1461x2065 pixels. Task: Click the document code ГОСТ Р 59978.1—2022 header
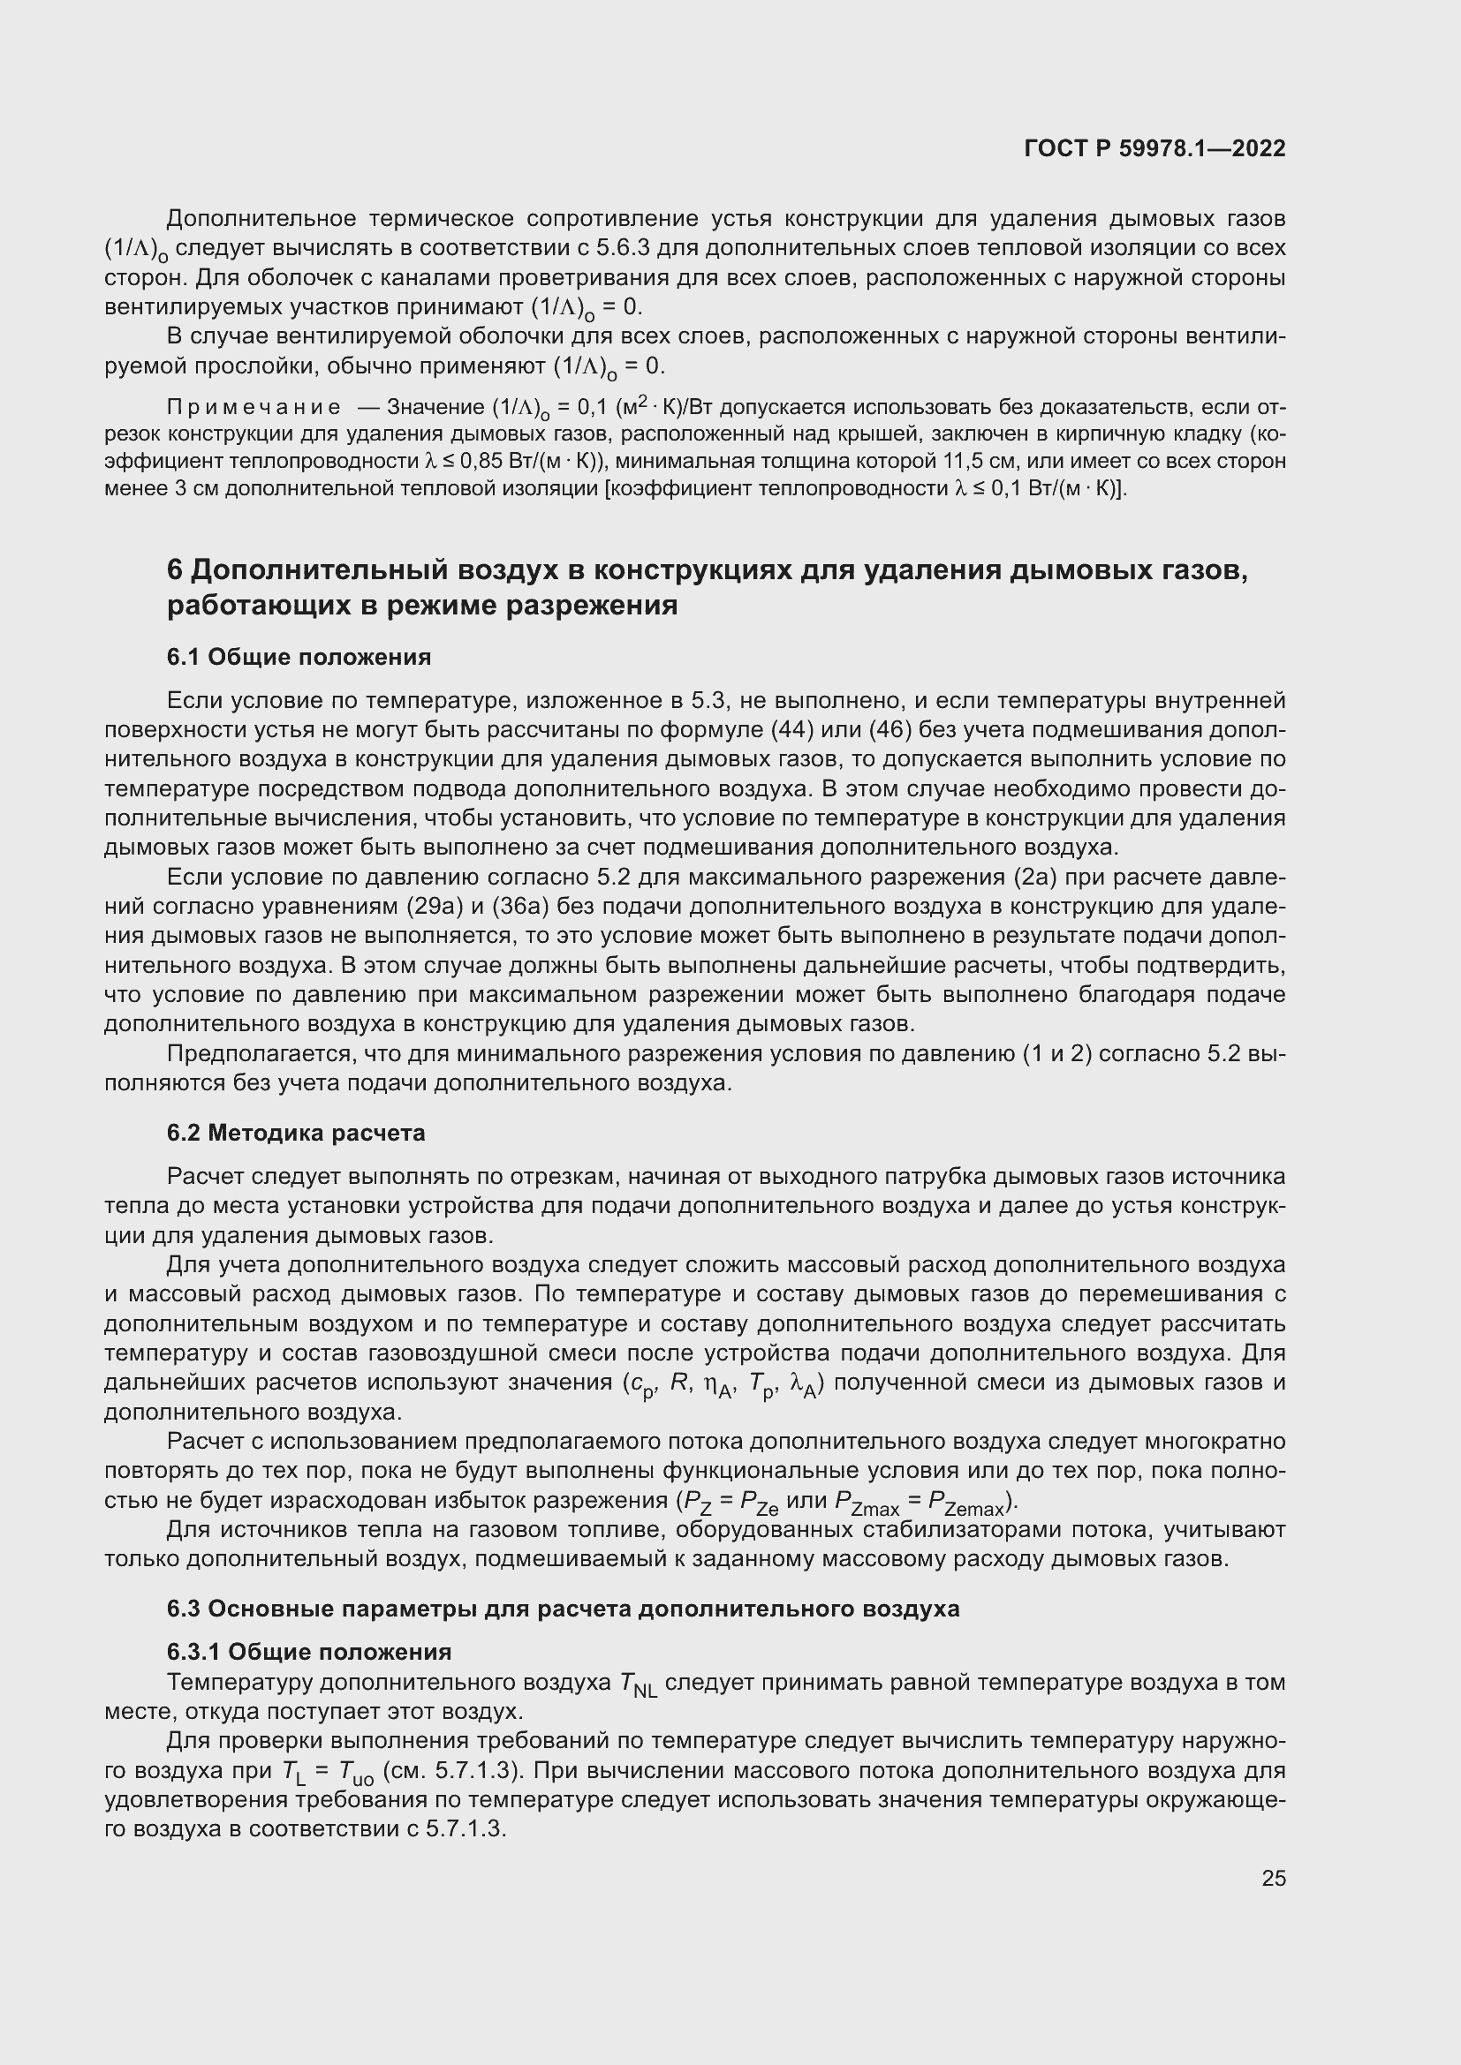[x=1154, y=148]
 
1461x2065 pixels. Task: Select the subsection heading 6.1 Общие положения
[x=299, y=658]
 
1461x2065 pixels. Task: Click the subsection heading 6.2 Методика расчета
[x=296, y=1134]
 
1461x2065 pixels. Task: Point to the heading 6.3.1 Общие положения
[x=308, y=1652]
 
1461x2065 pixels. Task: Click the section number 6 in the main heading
[x=176, y=570]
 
